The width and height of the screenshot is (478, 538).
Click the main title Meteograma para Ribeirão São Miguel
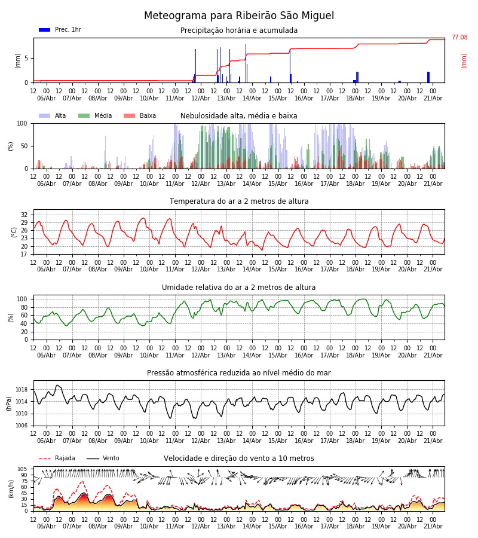point(238,16)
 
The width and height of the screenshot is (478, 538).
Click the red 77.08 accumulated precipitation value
point(459,37)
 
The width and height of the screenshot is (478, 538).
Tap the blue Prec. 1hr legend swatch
point(45,30)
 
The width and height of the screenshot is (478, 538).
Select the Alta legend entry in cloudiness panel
point(53,115)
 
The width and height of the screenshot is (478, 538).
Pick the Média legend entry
point(95,115)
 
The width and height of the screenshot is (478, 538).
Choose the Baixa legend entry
point(140,115)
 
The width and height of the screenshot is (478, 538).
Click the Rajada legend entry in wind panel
point(57,458)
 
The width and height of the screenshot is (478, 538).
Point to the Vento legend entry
point(103,458)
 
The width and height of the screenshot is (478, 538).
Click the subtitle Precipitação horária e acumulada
point(238,30)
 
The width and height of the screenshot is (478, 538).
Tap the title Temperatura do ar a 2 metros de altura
point(238,201)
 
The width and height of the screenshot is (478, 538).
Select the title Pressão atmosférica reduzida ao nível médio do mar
point(238,372)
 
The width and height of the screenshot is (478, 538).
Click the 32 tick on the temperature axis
point(24,215)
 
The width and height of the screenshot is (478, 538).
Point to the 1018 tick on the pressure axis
point(22,389)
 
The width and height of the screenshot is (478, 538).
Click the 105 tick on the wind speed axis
point(23,469)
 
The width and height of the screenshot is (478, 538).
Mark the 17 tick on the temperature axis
point(24,254)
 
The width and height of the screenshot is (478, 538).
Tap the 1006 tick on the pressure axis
point(22,426)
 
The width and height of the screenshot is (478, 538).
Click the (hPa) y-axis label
point(9,403)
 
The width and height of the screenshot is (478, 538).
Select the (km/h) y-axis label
point(11,489)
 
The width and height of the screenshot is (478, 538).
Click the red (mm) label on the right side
point(464,61)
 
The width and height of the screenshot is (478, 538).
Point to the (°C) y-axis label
point(14,233)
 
